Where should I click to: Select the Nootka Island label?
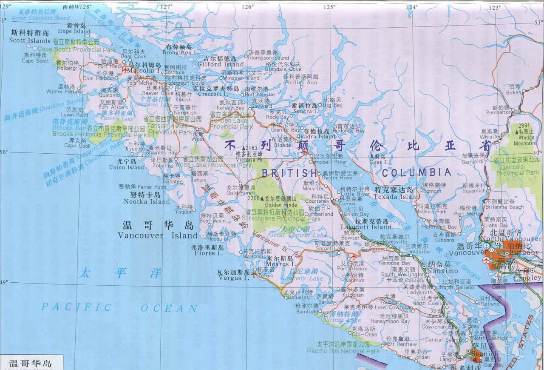click(147, 201)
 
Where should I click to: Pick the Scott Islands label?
click(29, 40)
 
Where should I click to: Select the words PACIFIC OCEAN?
click(119, 307)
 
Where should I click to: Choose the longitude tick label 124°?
click(411, 7)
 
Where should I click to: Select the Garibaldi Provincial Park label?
click(515, 173)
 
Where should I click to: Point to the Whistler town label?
click(490, 137)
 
